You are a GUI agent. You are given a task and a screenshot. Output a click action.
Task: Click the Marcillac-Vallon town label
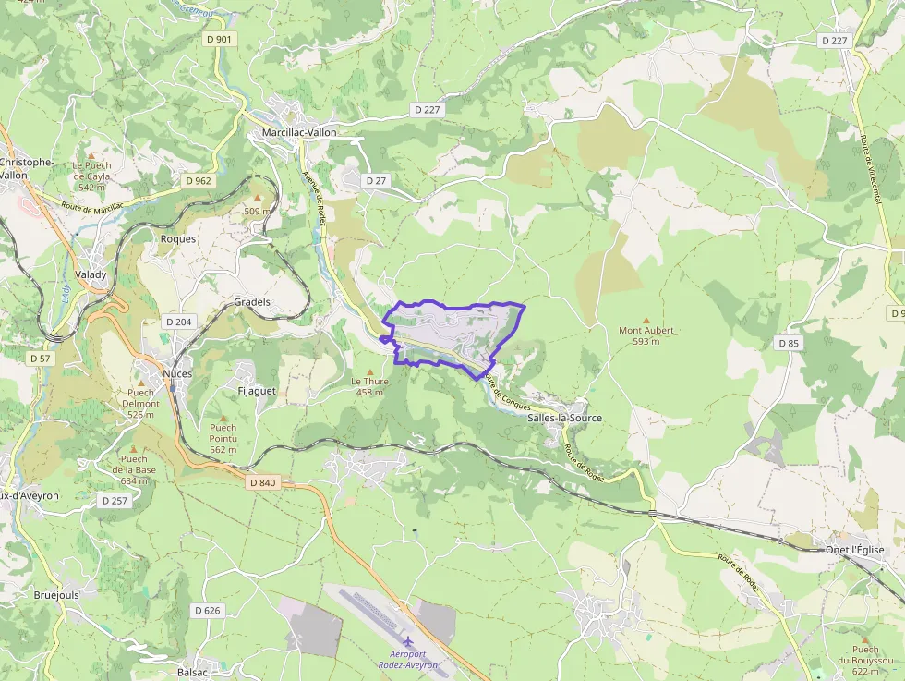click(x=299, y=132)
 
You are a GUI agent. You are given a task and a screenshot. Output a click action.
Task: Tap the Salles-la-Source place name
click(x=564, y=418)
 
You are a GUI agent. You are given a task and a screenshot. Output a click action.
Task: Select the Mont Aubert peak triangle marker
click(x=646, y=320)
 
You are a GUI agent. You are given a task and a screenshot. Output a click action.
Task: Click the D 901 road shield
click(x=220, y=40)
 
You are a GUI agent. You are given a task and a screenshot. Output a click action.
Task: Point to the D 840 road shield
click(x=262, y=482)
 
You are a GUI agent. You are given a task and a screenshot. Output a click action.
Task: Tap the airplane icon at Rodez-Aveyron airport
click(x=407, y=640)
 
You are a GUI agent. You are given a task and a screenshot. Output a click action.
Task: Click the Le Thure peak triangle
click(x=370, y=371)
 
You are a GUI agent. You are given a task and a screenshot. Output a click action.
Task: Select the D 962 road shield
click(x=198, y=181)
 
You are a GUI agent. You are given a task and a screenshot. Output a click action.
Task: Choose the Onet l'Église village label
click(x=854, y=550)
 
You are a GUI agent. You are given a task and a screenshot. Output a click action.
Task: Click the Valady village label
click(x=90, y=274)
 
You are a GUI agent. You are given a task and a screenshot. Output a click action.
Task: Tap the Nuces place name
click(x=177, y=373)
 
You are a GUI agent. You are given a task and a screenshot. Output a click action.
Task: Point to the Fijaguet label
click(x=258, y=392)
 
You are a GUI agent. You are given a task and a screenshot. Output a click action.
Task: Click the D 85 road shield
click(x=788, y=343)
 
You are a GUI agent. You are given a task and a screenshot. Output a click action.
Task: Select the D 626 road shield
click(x=209, y=610)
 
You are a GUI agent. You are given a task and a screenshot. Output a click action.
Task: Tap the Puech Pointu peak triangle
click(x=223, y=418)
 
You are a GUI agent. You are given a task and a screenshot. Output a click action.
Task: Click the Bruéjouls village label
click(x=56, y=595)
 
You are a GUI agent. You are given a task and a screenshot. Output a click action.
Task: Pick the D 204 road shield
click(x=178, y=322)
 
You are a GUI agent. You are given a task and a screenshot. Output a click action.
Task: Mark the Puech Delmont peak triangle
click(x=141, y=383)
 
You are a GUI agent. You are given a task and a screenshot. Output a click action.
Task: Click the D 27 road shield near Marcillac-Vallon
click(x=375, y=180)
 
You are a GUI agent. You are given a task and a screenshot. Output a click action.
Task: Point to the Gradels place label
click(x=252, y=302)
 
